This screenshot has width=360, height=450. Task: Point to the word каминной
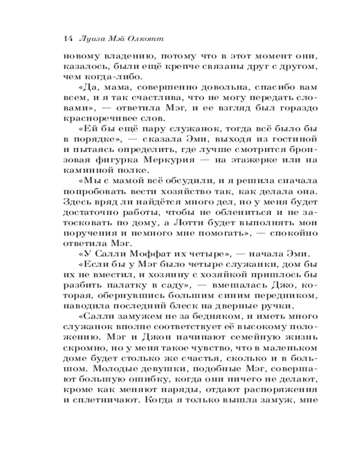click(x=86, y=171)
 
